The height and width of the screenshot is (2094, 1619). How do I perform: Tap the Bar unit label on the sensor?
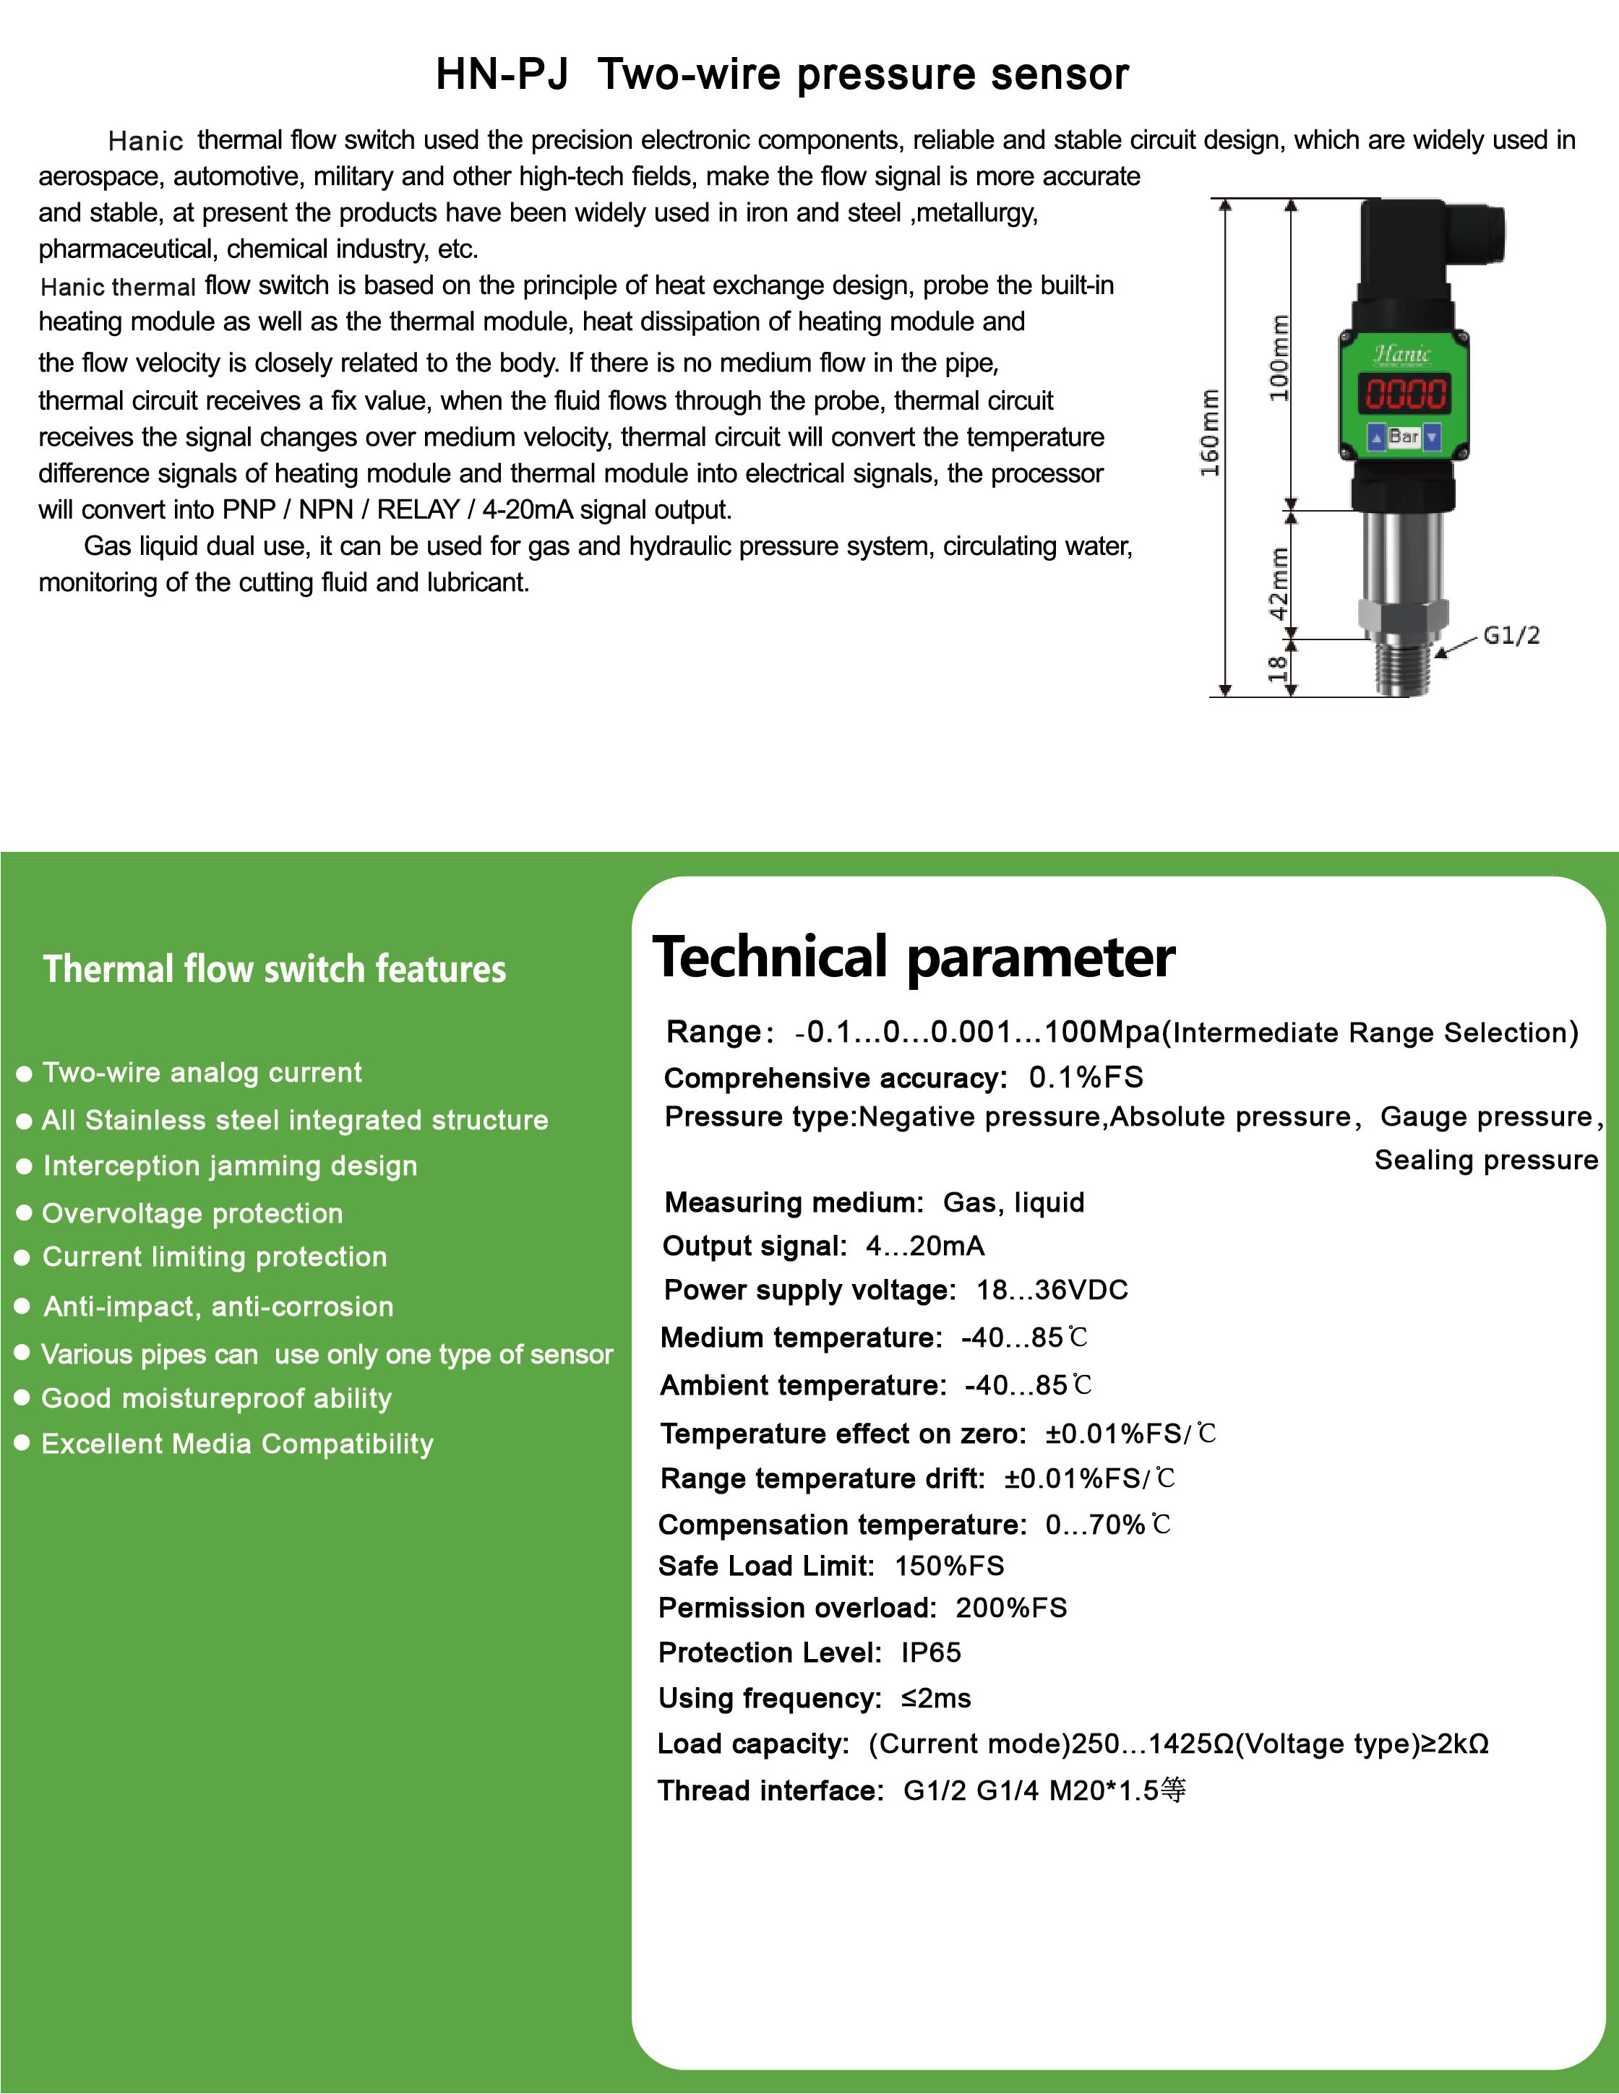[1403, 437]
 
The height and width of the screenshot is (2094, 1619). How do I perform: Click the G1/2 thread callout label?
[1511, 634]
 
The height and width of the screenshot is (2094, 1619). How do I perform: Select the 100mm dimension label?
[1279, 358]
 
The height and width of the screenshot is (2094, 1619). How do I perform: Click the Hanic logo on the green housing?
[1402, 355]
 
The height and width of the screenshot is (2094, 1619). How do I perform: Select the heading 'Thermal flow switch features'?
[275, 970]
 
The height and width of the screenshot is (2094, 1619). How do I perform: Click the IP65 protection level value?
[930, 1652]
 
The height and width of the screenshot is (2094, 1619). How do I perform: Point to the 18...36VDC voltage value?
[1052, 1290]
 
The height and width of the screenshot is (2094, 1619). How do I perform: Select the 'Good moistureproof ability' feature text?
[217, 1398]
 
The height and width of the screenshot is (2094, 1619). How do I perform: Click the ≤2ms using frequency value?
[935, 1698]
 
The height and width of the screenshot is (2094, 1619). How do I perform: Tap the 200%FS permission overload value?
[1011, 1608]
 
